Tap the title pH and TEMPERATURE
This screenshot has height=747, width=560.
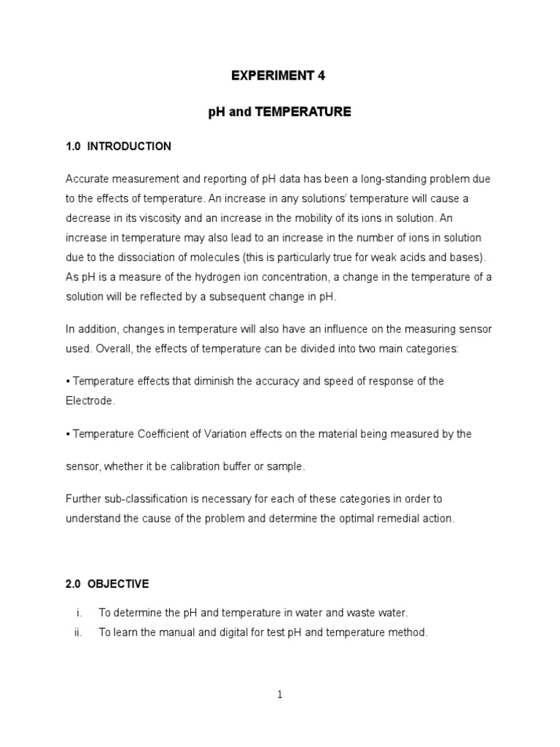click(279, 112)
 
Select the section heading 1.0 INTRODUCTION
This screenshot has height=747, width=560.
click(118, 147)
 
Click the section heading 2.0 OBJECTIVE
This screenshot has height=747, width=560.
click(107, 584)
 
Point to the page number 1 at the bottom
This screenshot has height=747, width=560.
click(279, 695)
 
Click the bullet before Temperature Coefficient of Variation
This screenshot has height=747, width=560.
click(68, 433)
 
